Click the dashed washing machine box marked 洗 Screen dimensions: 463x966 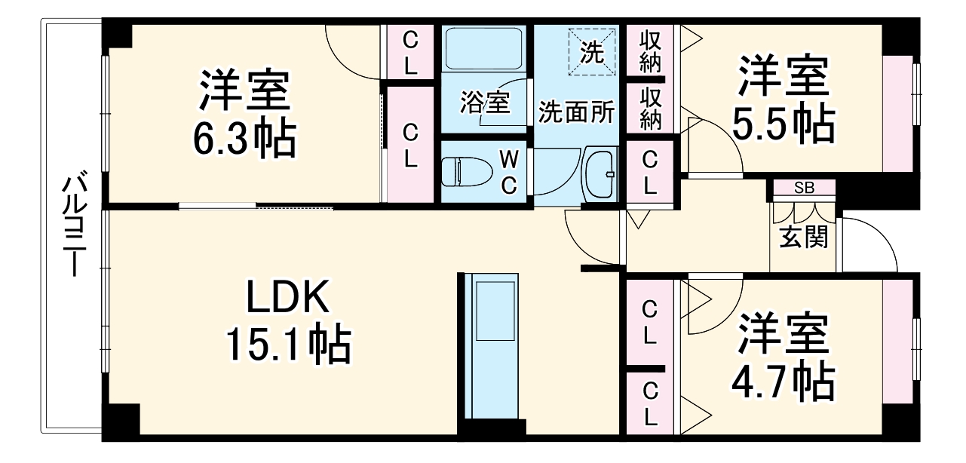pos(592,51)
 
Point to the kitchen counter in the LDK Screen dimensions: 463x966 pos(492,351)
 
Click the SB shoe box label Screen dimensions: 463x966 pos(804,188)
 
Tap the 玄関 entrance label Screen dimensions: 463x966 pos(803,237)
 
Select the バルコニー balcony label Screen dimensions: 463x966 pos(73,226)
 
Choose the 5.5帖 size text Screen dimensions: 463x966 pos(785,124)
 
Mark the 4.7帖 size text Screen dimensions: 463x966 pos(784,383)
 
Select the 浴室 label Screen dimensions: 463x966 pos(486,103)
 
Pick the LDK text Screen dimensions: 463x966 pos(287,299)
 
